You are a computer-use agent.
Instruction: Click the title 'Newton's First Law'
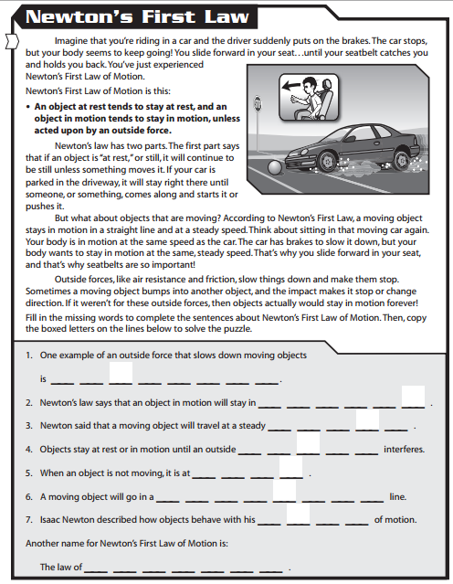pyautogui.click(x=128, y=17)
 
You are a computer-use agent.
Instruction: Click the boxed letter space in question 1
pyautogui.click(x=121, y=373)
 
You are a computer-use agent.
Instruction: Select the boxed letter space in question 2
pyautogui.click(x=413, y=397)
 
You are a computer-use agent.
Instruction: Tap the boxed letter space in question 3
pyautogui.click(x=367, y=420)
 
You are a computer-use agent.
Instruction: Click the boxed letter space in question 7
pyautogui.click(x=299, y=515)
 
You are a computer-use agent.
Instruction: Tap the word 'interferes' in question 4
pyautogui.click(x=404, y=450)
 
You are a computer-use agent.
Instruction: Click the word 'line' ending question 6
pyautogui.click(x=397, y=497)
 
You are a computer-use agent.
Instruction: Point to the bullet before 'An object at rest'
pyautogui.click(x=29, y=106)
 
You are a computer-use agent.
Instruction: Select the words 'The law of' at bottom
pyautogui.click(x=60, y=568)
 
